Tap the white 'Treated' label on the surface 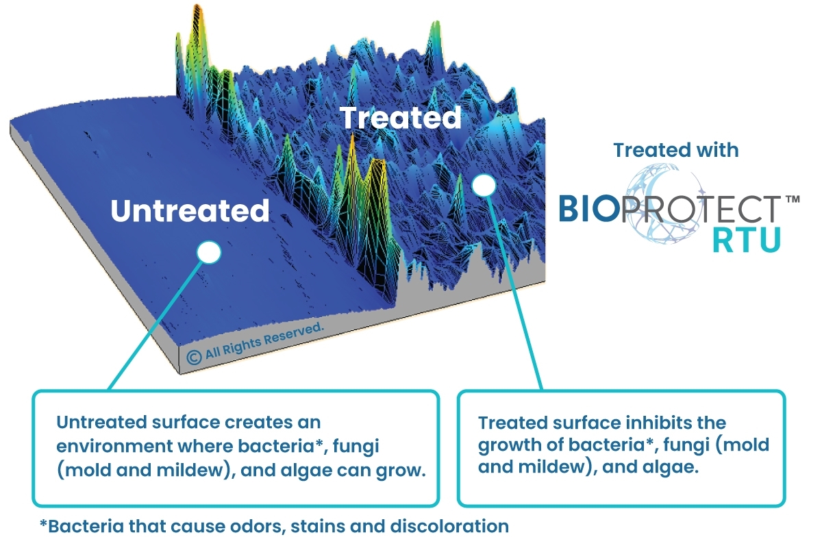(x=401, y=118)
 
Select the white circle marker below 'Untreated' (x=209, y=253)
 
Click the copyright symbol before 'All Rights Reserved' (x=193, y=356)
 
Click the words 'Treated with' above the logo (x=675, y=149)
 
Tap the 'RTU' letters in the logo (x=746, y=240)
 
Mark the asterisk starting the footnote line (x=43, y=524)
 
